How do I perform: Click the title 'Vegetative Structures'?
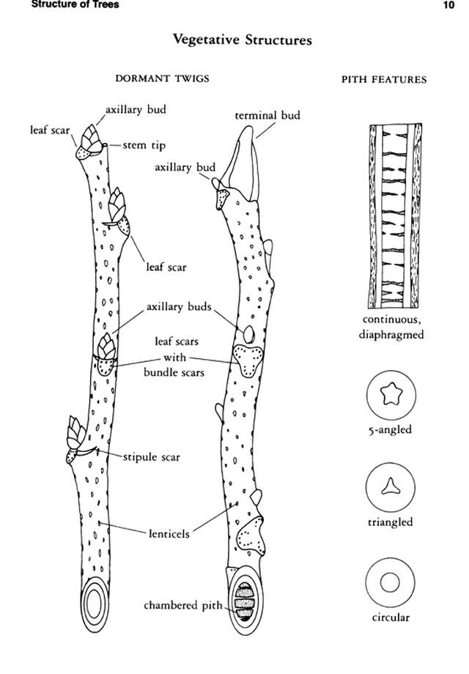pos(243,40)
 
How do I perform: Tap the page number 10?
pos(448,4)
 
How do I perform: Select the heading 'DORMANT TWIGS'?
pos(162,78)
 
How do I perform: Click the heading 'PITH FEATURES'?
pos(384,80)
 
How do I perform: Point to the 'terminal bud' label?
pos(267,115)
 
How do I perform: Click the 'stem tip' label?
pos(144,145)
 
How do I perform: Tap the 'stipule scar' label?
pos(151,456)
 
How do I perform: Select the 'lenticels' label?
pos(169,534)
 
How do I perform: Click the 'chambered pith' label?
pos(183,605)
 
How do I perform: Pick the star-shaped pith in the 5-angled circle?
pos(391,394)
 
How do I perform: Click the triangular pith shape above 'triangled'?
pos(391,486)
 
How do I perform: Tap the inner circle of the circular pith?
pos(390,583)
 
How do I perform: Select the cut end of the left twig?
pos(95,604)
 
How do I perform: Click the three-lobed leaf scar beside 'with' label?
pos(248,360)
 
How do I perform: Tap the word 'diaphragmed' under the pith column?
pos(391,334)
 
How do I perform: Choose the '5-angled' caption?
pos(390,429)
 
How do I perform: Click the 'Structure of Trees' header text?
pos(75,4)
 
